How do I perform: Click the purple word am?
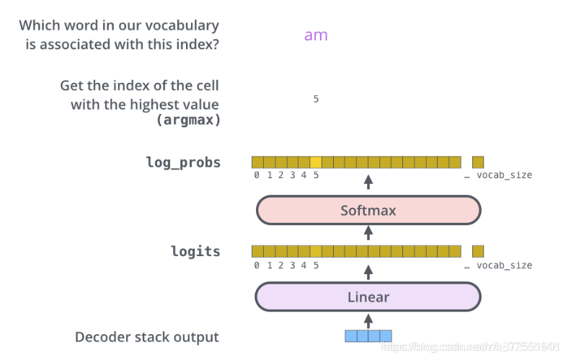(x=316, y=35)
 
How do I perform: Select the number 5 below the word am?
(x=316, y=99)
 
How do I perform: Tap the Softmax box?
(x=368, y=211)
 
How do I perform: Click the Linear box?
(x=368, y=297)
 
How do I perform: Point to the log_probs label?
(x=183, y=162)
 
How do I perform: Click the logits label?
(x=195, y=251)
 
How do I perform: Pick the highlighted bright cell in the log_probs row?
(x=316, y=162)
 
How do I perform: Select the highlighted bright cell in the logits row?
(x=316, y=251)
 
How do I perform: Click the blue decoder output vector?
(x=368, y=335)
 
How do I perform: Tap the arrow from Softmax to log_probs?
(x=368, y=182)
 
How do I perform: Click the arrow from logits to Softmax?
(x=368, y=232)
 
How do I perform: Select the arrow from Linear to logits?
(x=368, y=271)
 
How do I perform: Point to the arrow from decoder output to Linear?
(x=368, y=318)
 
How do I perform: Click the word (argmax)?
(x=188, y=120)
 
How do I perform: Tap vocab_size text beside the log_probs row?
(x=504, y=175)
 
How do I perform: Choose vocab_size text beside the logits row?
(x=504, y=265)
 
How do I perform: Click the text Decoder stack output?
(x=146, y=337)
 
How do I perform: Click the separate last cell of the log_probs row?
(x=478, y=162)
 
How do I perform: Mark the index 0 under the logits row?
(x=257, y=265)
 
